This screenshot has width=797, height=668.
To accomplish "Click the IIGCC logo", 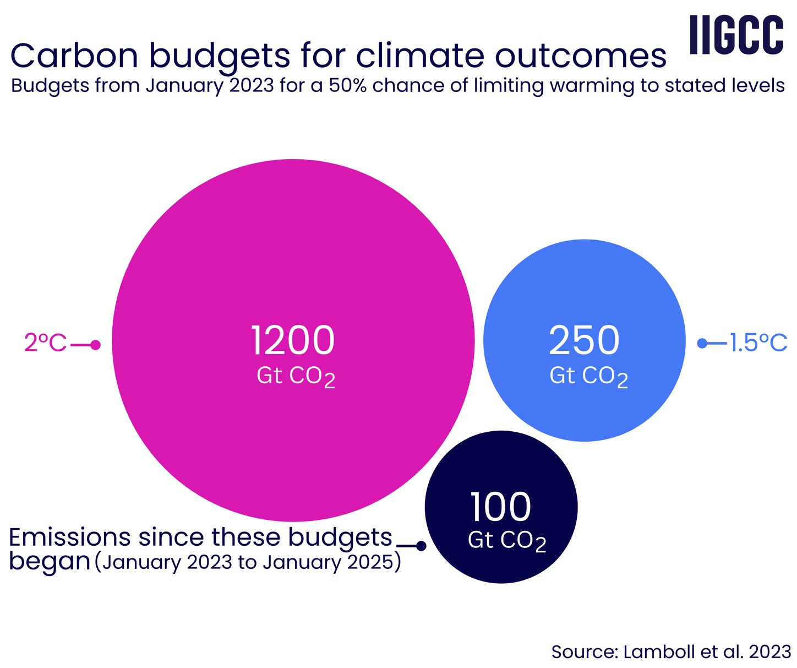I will (736, 35).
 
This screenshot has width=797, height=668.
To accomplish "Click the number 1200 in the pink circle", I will (293, 340).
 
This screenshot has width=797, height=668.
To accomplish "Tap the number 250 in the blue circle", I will (584, 340).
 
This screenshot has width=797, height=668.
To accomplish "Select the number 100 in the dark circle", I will (500, 507).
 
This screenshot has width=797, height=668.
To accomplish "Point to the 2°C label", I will (45, 343).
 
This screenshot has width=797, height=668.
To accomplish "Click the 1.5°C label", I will (758, 343).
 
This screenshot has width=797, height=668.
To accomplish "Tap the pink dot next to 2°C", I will (95, 345).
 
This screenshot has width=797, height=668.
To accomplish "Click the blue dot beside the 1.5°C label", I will (702, 343).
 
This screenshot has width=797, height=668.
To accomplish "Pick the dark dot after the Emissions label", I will (421, 546).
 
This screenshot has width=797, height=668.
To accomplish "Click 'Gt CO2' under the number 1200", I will (296, 377).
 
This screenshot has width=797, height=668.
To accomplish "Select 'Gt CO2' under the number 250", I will (588, 377).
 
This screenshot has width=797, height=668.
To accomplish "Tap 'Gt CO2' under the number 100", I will (506, 541).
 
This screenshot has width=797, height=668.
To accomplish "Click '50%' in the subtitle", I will (347, 86).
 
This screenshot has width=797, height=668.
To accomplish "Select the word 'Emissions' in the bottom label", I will (70, 537).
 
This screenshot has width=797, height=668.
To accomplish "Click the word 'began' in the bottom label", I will (50, 561).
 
